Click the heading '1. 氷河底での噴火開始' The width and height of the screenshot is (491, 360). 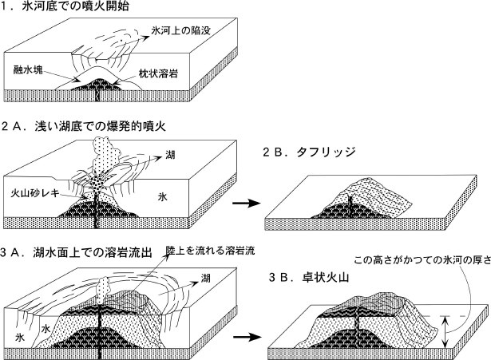point(56,7)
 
